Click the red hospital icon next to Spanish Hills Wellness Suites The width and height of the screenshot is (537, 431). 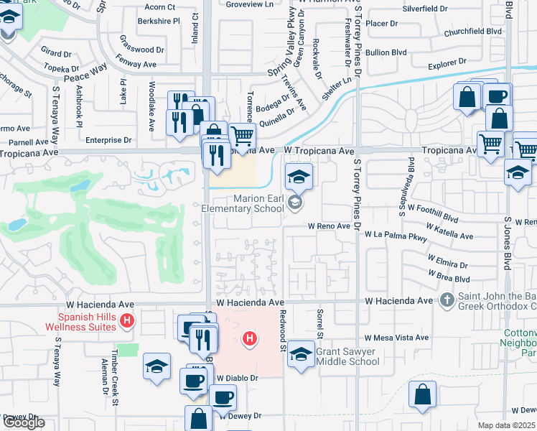[x=127, y=320]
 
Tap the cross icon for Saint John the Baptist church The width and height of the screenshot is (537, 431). [x=447, y=298]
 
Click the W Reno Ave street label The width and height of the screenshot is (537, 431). [x=329, y=226]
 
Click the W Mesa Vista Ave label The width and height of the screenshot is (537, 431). [x=396, y=338]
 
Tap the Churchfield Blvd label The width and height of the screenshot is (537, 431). [x=472, y=32]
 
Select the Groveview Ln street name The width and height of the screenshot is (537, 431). [x=250, y=4]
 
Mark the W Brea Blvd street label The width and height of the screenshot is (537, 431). [x=449, y=277]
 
